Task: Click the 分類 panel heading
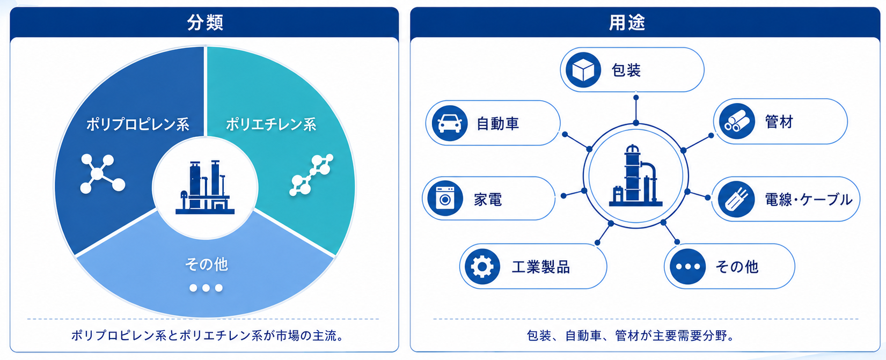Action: (205, 22)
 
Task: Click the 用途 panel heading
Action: (627, 22)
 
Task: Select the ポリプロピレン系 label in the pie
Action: (137, 124)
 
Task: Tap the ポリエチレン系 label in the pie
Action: (271, 124)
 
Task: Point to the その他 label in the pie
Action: (206, 265)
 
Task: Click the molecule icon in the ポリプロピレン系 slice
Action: (102, 173)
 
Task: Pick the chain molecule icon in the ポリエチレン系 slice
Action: (311, 174)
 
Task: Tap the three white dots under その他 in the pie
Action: (206, 288)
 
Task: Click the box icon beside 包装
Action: (583, 70)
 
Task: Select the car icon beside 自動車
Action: (450, 123)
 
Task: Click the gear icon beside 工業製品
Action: (482, 267)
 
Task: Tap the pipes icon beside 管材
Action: (737, 121)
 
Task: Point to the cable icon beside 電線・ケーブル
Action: (736, 199)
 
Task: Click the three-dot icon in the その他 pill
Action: (688, 267)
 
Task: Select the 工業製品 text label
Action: (541, 267)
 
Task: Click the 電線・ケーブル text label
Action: (809, 200)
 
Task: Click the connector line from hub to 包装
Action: (635, 110)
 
